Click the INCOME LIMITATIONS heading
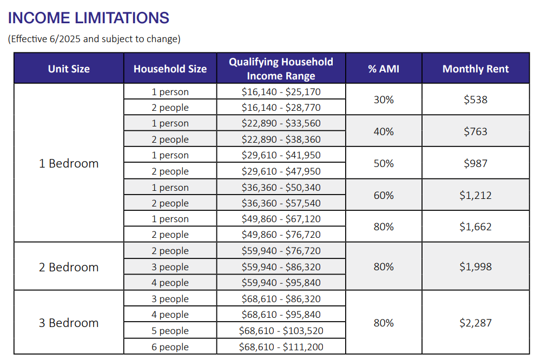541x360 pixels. tap(89, 18)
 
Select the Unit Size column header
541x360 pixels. tap(69, 69)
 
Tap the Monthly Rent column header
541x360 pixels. tap(476, 69)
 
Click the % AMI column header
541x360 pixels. tap(384, 69)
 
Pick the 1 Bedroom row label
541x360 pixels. tap(69, 163)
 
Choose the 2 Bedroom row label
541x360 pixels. tap(69, 267)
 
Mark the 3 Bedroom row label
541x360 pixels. tap(69, 323)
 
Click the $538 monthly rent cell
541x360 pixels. tap(476, 99)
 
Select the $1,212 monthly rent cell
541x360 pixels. tap(476, 195)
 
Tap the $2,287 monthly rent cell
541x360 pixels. tap(476, 323)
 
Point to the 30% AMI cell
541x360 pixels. tap(384, 99)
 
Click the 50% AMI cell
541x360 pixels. tap(384, 163)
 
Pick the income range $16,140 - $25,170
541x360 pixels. tap(281, 92)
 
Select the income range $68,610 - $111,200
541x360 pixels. tap(281, 346)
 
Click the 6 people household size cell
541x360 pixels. tap(170, 347)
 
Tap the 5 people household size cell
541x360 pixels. tap(170, 331)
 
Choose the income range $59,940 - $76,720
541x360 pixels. tap(281, 251)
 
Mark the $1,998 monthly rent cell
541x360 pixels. tap(476, 266)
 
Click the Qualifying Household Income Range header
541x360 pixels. tap(281, 69)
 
